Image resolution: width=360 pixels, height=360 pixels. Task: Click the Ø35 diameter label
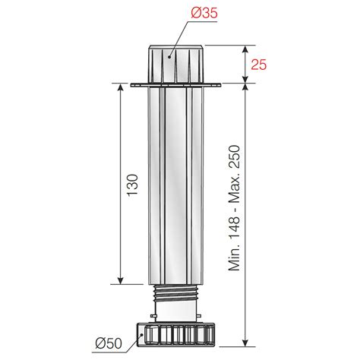[204, 13]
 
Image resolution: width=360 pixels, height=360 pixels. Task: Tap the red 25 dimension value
[259, 65]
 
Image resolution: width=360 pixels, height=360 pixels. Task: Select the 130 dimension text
[133, 185]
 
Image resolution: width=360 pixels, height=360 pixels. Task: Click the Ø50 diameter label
[109, 343]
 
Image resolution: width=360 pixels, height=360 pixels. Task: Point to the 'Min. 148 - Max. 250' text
[234, 208]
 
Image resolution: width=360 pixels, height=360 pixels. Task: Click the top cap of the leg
[176, 64]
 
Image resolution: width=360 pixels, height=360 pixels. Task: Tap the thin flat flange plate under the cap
[176, 85]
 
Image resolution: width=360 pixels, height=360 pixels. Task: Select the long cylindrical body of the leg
[176, 186]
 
